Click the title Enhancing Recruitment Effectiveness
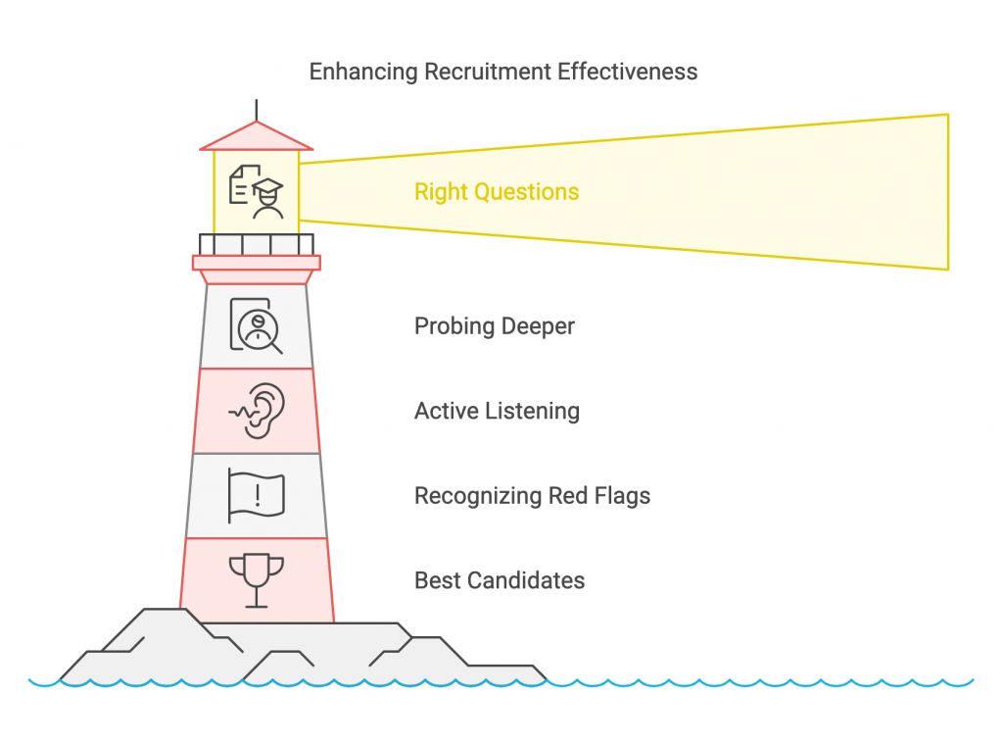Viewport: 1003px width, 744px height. click(503, 72)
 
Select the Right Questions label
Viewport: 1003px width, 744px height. click(497, 192)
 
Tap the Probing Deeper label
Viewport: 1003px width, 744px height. click(494, 325)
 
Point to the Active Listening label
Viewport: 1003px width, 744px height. click(497, 411)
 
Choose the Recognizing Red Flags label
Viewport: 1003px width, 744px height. click(532, 496)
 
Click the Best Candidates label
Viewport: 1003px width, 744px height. click(500, 580)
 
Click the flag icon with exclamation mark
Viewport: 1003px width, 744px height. click(257, 495)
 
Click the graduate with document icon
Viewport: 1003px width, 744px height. click(257, 192)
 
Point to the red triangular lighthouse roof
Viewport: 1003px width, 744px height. click(257, 137)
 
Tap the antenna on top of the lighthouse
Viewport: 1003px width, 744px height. click(257, 109)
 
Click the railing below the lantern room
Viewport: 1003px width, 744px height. click(257, 244)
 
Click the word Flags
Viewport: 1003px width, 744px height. click(622, 496)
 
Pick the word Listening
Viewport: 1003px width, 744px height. click(536, 411)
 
